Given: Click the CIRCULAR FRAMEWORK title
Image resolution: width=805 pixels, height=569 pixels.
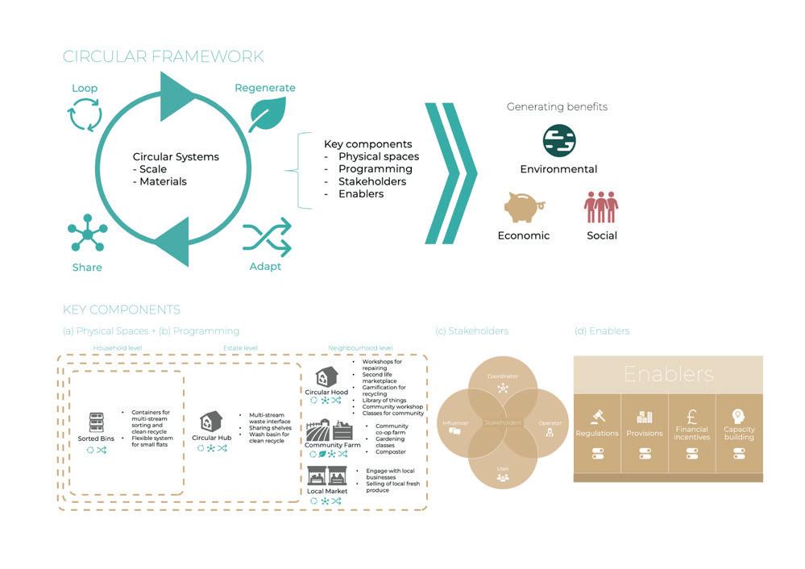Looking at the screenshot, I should (163, 56).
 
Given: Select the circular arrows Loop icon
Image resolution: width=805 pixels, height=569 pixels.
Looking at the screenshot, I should (85, 115).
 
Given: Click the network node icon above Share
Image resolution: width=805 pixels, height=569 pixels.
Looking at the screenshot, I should (87, 235).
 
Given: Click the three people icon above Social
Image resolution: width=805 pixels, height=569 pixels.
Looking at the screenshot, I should (600, 206).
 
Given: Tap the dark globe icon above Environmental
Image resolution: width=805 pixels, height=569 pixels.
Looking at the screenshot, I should (558, 141).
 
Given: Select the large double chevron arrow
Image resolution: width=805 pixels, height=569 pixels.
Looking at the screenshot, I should (450, 173).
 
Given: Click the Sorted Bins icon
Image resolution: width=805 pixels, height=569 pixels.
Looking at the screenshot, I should (96, 422).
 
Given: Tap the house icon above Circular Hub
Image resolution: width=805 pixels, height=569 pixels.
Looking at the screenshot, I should (211, 422).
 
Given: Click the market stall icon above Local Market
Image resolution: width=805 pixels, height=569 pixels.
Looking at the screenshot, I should (326, 475).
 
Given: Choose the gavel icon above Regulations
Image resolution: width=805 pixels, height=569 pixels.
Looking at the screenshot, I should (597, 417).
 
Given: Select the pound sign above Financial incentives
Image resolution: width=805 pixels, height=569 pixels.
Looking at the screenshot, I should (691, 417).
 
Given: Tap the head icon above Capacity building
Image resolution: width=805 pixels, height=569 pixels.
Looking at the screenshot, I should (738, 416).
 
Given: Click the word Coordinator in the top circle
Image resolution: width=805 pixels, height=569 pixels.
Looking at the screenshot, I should (502, 376).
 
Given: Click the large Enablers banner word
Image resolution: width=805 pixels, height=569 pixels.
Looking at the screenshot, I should (668, 374).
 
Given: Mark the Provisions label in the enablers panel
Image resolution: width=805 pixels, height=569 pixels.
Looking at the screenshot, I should (644, 434).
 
